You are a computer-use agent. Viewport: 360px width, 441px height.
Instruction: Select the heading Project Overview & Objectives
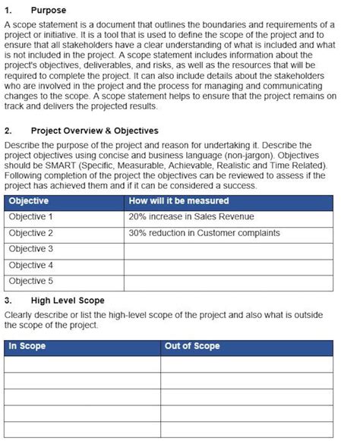(94, 131)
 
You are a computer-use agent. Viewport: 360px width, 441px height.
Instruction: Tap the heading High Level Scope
(68, 301)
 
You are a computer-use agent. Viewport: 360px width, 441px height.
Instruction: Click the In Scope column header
(27, 346)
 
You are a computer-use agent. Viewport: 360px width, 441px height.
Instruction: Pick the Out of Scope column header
(192, 346)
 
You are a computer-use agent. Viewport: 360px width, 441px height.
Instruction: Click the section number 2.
(8, 131)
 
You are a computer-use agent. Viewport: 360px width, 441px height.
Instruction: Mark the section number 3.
(8, 301)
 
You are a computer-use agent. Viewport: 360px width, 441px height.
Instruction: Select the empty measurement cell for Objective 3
(228, 249)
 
